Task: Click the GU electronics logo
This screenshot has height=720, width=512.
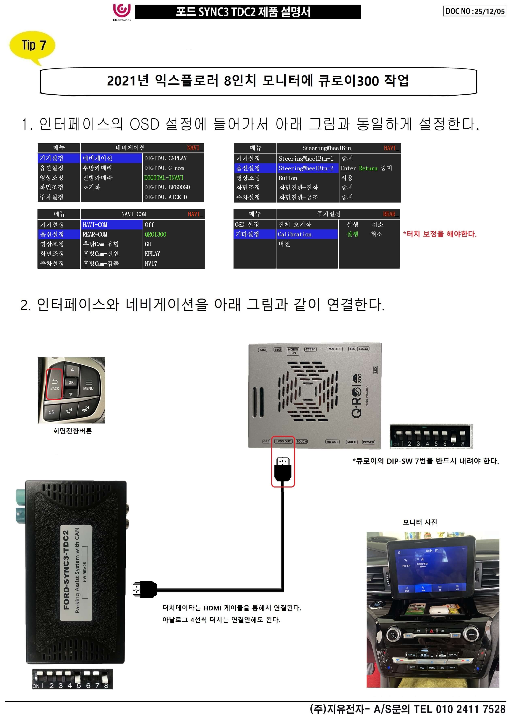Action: coord(122,12)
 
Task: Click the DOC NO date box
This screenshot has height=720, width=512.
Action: coord(475,11)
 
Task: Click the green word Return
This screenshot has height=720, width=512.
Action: coord(368,168)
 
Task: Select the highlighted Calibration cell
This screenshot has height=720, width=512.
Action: coord(294,234)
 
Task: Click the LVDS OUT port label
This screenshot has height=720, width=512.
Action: coord(283,441)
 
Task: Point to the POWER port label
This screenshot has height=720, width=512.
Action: coord(368,442)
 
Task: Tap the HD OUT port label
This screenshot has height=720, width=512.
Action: coord(332,442)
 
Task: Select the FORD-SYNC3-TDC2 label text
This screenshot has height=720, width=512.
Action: coord(66,570)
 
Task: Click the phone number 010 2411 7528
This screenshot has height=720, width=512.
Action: coord(471,709)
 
